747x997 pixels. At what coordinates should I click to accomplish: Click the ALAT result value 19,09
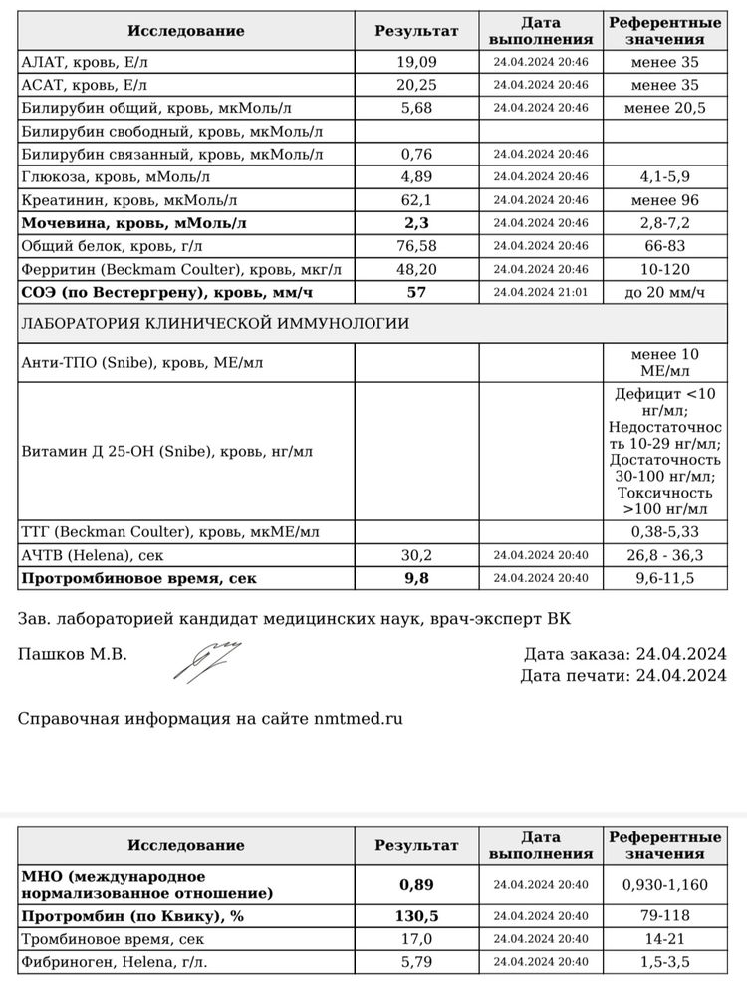(x=416, y=62)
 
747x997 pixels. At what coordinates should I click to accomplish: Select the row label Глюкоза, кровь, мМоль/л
(x=116, y=177)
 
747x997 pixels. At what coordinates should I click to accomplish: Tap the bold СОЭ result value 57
(x=416, y=292)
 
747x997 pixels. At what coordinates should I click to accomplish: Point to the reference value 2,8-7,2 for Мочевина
(x=665, y=223)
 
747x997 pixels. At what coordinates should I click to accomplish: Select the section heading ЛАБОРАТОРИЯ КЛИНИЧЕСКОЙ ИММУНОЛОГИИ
(x=215, y=324)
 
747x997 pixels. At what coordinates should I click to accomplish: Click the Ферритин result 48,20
(x=416, y=269)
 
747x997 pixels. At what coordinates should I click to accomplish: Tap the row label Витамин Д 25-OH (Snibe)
(x=166, y=452)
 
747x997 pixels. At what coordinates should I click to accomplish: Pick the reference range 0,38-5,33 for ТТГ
(x=665, y=532)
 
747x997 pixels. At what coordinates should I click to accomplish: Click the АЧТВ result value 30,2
(x=416, y=555)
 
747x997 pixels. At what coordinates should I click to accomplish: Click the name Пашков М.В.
(x=73, y=654)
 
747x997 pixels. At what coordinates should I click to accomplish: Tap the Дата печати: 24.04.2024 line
(x=622, y=676)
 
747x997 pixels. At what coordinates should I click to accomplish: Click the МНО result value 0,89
(x=416, y=884)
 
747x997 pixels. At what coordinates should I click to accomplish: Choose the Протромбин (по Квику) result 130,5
(x=416, y=916)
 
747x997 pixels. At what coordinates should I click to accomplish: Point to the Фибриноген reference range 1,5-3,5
(x=665, y=962)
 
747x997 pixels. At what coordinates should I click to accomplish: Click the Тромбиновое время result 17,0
(x=416, y=939)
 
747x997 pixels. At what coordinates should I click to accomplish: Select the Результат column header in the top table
(x=416, y=31)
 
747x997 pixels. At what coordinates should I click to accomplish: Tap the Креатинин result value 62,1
(x=416, y=200)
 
